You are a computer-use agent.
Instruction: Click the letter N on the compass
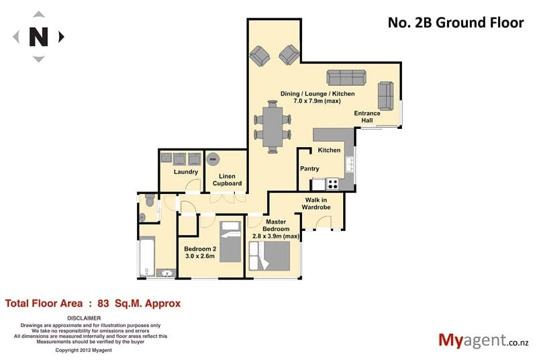(38, 37)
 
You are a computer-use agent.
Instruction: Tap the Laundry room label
(186, 172)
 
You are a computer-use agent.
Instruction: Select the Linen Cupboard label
(227, 180)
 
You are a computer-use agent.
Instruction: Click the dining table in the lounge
(273, 127)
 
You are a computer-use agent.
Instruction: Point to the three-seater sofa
(346, 77)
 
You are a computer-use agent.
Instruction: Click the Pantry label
(309, 169)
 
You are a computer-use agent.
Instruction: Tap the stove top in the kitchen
(332, 184)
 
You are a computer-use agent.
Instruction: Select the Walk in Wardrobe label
(316, 204)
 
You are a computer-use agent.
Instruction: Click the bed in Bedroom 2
(230, 242)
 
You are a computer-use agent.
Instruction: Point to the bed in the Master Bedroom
(270, 256)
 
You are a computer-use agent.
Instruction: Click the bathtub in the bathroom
(147, 258)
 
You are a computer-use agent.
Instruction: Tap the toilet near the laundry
(150, 200)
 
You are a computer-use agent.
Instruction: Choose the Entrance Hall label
(367, 117)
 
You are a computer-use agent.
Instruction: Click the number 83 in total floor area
(103, 304)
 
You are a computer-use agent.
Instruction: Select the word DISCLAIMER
(84, 318)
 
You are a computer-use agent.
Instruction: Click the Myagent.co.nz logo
(483, 341)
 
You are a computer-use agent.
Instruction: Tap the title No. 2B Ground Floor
(456, 23)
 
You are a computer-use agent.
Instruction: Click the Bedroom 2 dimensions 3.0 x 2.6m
(200, 256)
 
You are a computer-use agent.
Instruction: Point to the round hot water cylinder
(213, 159)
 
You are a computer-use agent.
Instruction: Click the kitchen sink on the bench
(350, 165)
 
